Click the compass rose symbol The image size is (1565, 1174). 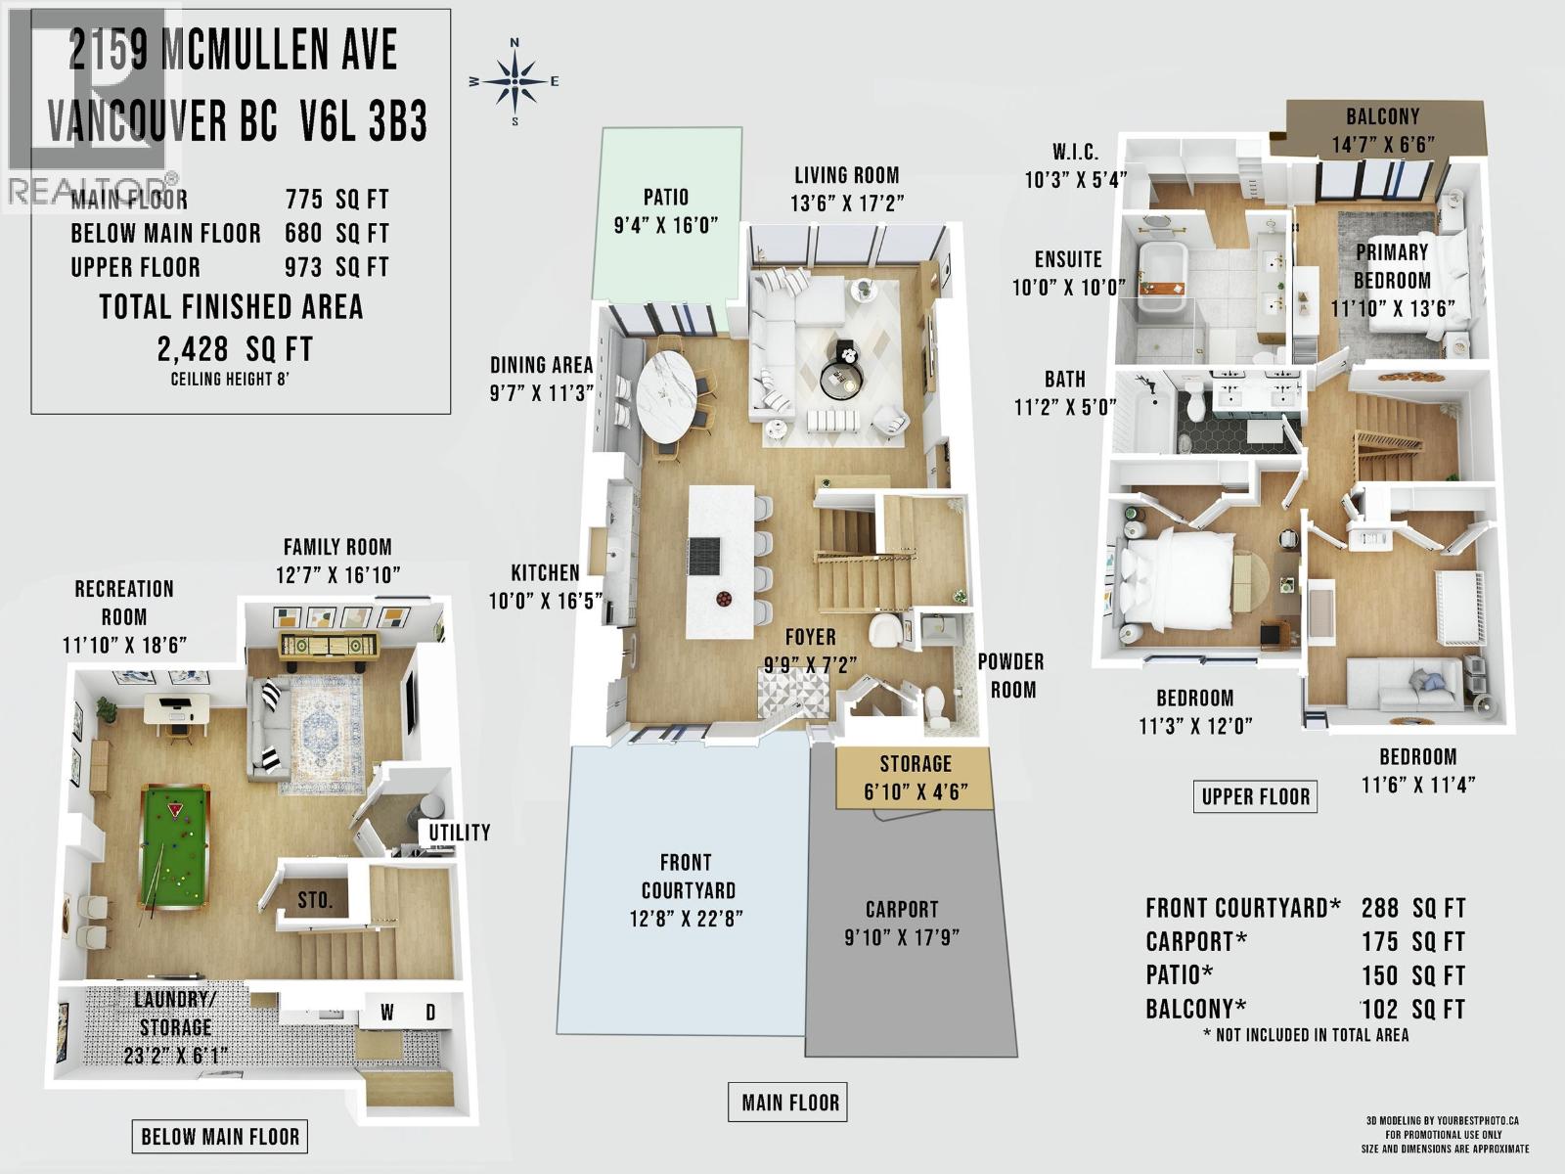(x=514, y=81)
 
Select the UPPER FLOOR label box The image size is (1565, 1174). (x=1255, y=796)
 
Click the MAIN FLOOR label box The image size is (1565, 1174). (x=789, y=1103)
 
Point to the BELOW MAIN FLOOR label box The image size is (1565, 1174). (x=220, y=1136)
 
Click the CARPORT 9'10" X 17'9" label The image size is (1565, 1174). (x=902, y=923)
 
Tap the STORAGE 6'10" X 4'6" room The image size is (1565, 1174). (x=915, y=777)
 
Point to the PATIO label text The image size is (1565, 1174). (x=665, y=197)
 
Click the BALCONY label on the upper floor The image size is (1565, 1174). (x=1382, y=116)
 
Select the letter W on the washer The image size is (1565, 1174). (x=386, y=1013)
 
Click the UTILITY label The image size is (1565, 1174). (x=459, y=833)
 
